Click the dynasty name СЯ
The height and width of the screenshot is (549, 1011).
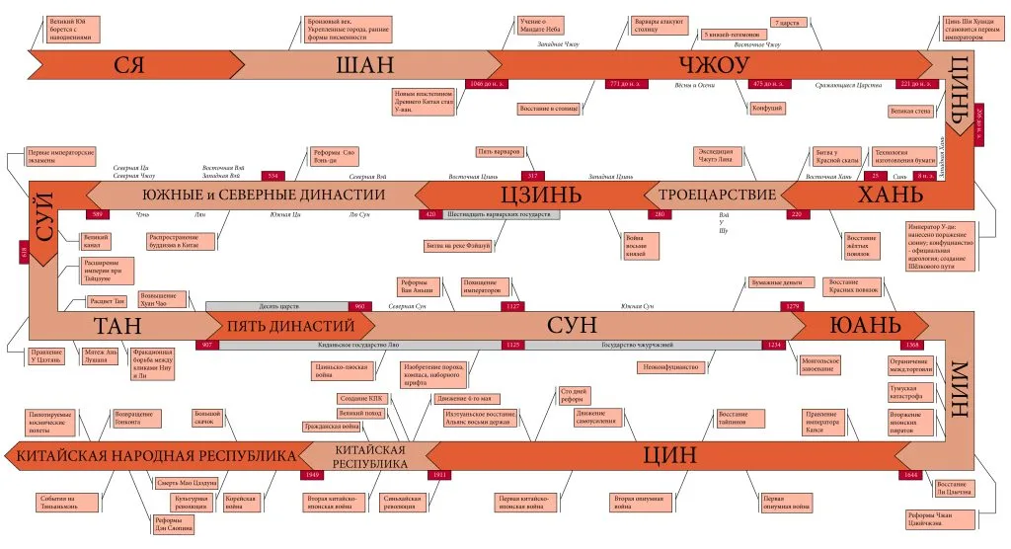point(129,66)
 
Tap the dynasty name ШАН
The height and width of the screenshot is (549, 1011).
point(364,66)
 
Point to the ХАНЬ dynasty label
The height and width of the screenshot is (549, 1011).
point(889,195)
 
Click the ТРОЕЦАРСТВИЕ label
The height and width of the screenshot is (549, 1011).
point(717,195)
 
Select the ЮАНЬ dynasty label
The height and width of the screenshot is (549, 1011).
point(864,326)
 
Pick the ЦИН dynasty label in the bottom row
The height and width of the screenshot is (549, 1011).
point(669,455)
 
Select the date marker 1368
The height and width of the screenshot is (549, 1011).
point(913,346)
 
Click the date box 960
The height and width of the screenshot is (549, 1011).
point(359,307)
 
